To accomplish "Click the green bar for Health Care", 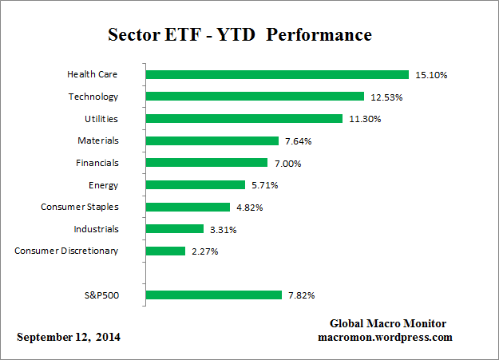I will pos(276,74).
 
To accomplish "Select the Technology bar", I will pos(255,97).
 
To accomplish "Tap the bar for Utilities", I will pos(244,118).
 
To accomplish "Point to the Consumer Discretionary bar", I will pos(165,251).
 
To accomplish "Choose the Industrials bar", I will pos(175,228).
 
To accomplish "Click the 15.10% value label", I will pos(432,75).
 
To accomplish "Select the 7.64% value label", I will pos(299,141).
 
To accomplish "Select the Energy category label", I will pos(104,185).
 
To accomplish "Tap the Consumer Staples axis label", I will pos(80,207).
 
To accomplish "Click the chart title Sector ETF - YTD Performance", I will pos(240,35).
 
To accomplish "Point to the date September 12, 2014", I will pos(69,338).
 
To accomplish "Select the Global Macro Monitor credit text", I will pos(388,323).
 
